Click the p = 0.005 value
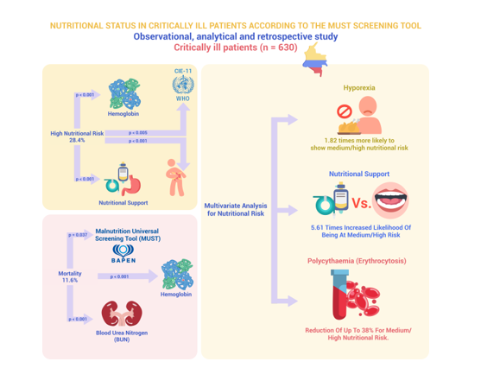point(137,132)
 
